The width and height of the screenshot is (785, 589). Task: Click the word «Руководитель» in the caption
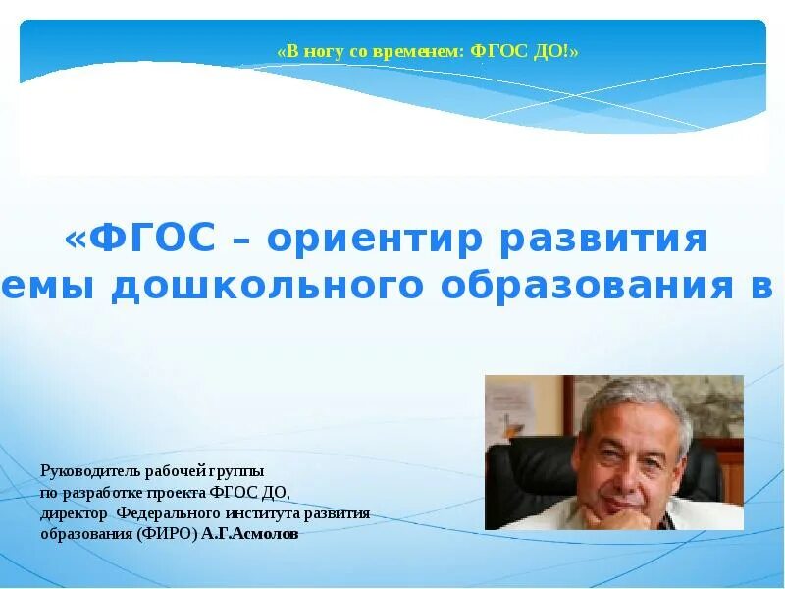point(86,471)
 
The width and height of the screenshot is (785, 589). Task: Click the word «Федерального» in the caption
point(165,512)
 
